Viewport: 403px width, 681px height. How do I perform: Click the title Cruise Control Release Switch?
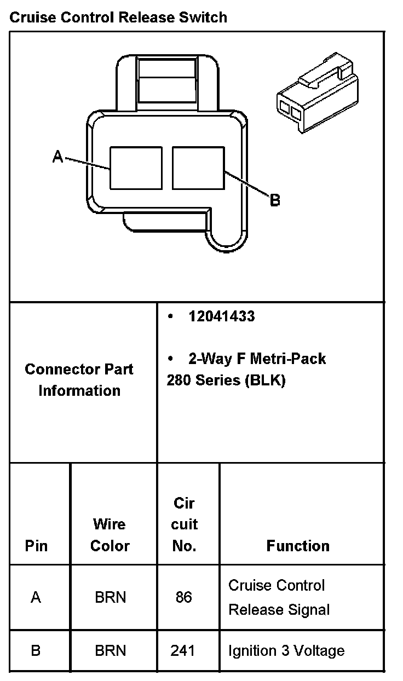tap(118, 18)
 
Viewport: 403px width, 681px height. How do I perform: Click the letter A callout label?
tap(57, 157)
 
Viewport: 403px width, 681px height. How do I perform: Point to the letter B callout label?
tap(275, 200)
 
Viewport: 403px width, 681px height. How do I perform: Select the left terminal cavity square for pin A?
tap(136, 168)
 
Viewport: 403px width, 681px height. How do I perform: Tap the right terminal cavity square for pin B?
tap(198, 168)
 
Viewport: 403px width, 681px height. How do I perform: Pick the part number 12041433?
tap(221, 316)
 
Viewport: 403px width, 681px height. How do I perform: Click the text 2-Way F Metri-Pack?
tap(257, 359)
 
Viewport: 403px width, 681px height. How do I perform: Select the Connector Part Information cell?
tap(79, 380)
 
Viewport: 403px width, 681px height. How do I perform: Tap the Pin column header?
tap(36, 546)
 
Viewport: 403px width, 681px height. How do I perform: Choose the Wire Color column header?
tap(110, 535)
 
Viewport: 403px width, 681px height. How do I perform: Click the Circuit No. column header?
tap(184, 524)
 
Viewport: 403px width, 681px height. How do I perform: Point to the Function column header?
tap(298, 546)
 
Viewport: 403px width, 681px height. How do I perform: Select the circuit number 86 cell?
tap(184, 597)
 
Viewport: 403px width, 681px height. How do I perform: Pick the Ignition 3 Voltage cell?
tap(286, 650)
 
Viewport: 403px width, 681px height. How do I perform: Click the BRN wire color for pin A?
tap(110, 597)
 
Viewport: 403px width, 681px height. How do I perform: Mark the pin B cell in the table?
tap(36, 650)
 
